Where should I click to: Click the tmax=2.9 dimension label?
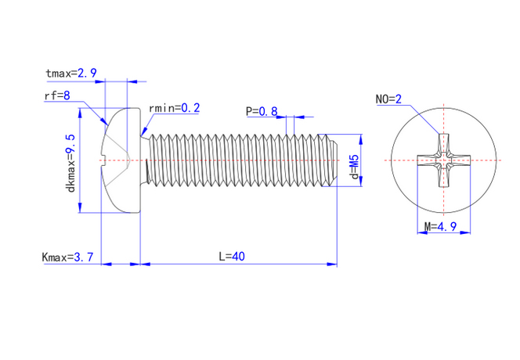[x=71, y=73]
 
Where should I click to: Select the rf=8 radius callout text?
[x=57, y=95]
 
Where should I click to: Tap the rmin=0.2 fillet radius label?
[x=174, y=107]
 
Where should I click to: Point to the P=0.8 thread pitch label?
[x=262, y=111]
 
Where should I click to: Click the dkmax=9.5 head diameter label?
[x=70, y=163]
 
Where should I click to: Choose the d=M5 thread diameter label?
[x=354, y=167]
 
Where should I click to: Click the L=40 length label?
[x=233, y=256]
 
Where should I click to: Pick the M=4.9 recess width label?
[x=440, y=227]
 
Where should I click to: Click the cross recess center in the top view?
[x=443, y=161]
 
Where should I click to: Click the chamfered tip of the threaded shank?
[x=331, y=161]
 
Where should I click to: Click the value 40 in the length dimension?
[x=240, y=256]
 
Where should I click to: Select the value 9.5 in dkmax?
[x=70, y=145]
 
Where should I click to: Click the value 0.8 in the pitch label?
[x=269, y=111]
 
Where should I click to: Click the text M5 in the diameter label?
[x=354, y=160]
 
